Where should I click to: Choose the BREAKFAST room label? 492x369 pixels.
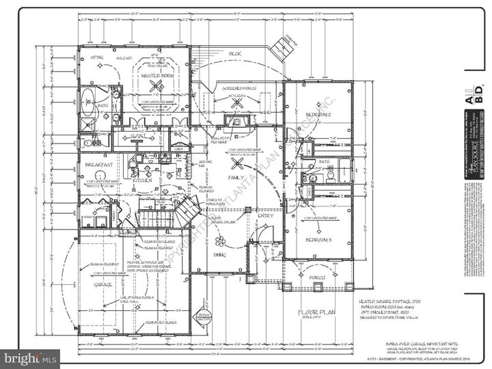(x=99, y=165)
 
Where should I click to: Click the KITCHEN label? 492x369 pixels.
(x=142, y=180)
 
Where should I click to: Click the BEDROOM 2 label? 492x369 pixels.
(x=318, y=113)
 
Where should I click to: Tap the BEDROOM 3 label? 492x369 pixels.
(x=318, y=240)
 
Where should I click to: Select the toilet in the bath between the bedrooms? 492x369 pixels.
(x=330, y=175)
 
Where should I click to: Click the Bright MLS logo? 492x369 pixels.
(x=30, y=357)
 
